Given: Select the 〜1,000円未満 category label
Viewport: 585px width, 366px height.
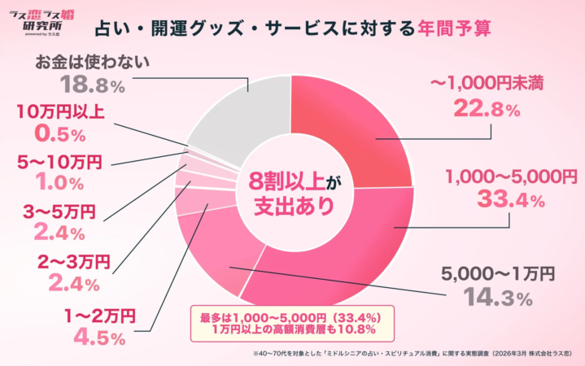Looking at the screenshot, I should pyautogui.click(x=475, y=83).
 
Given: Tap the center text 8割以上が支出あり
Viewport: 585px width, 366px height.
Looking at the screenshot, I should pyautogui.click(x=290, y=194).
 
